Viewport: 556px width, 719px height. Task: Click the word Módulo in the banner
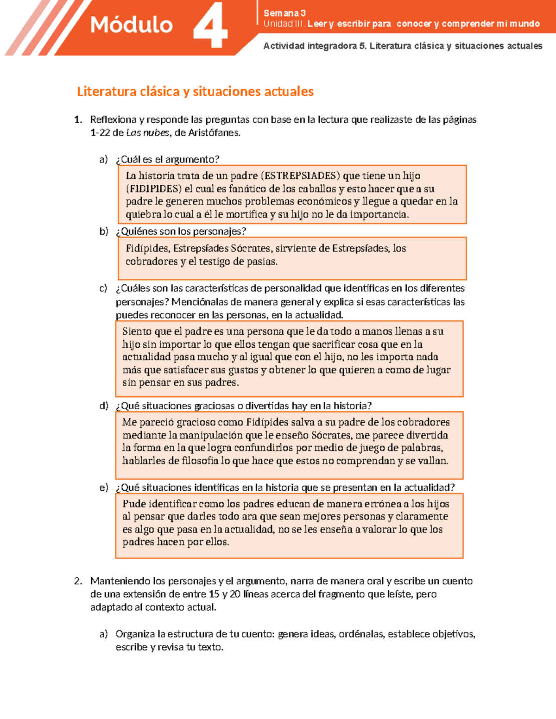[131, 25]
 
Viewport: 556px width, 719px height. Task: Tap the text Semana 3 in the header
[284, 13]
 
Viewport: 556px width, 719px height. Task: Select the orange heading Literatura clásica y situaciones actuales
[195, 92]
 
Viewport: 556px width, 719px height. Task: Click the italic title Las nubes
[147, 133]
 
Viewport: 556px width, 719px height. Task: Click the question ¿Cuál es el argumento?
[167, 159]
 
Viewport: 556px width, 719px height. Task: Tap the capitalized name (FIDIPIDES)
[154, 189]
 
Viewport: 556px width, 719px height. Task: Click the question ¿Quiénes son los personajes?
[181, 231]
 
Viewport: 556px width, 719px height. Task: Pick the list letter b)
[104, 231]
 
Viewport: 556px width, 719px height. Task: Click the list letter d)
[104, 406]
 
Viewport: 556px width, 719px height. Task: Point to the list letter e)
[104, 488]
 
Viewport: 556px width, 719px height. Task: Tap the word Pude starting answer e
[134, 504]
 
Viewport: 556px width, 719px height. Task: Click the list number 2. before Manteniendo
[78, 581]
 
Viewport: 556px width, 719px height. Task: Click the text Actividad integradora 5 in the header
[314, 46]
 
